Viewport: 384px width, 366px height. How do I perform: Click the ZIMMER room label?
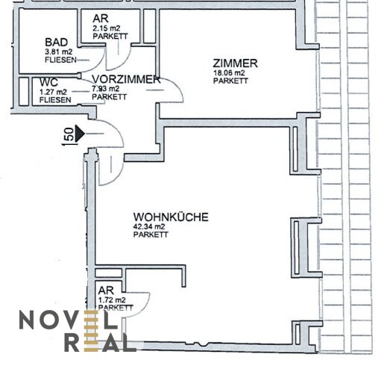(x=235, y=63)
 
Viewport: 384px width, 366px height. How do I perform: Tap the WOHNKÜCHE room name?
(x=171, y=217)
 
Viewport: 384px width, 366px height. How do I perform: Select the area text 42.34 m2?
(x=149, y=227)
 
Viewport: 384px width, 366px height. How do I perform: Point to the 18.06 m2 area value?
(x=229, y=73)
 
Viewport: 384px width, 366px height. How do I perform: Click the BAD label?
(x=56, y=43)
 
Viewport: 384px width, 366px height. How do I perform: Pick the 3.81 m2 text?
(x=59, y=52)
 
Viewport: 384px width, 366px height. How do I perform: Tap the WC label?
(x=48, y=82)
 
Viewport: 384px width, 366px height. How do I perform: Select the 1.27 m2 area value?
(x=53, y=92)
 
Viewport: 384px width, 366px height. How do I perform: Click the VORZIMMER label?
(x=126, y=80)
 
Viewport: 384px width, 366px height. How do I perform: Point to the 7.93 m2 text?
(x=106, y=89)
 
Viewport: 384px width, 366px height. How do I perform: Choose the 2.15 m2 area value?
(x=107, y=28)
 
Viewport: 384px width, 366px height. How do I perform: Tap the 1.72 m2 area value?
(x=112, y=300)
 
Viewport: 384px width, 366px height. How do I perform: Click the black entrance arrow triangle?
(x=80, y=134)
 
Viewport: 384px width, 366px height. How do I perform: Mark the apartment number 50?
(x=69, y=134)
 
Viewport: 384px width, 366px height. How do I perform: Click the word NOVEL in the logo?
(x=69, y=320)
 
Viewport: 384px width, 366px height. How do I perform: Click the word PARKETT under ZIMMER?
(x=230, y=81)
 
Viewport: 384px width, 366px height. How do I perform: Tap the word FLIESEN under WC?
(x=55, y=100)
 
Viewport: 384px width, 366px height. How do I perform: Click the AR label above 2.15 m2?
(x=101, y=19)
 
